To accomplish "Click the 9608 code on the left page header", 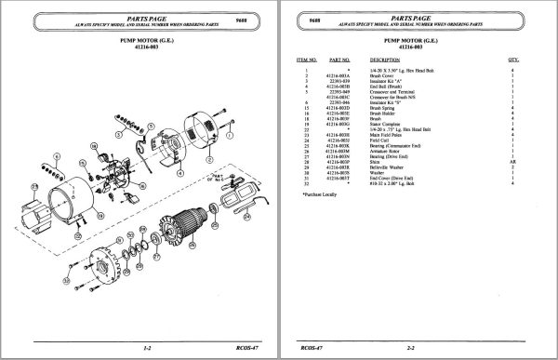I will [242, 17].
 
